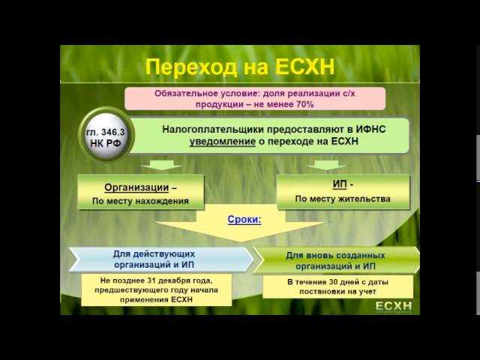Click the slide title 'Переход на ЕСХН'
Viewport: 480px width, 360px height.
click(x=238, y=67)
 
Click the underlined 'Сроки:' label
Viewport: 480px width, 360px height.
click(x=244, y=220)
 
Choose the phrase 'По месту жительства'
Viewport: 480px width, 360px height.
click(x=343, y=199)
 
